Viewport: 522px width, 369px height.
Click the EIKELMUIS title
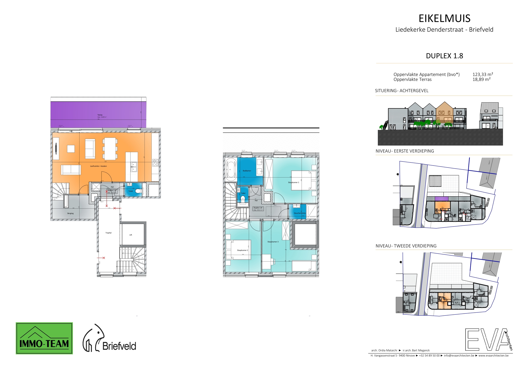[444, 18]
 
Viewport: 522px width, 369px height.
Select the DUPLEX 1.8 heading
[444, 56]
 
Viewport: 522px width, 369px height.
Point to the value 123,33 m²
[483, 74]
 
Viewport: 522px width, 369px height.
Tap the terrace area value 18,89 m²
[481, 79]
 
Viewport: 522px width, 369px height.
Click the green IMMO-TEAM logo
[44, 338]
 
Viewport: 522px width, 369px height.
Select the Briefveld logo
[109, 339]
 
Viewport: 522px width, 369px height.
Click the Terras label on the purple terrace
[100, 115]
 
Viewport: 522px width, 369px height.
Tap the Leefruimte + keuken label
[98, 166]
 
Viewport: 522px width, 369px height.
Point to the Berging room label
[70, 213]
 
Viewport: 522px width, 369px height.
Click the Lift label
[130, 235]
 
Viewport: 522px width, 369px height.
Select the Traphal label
[108, 233]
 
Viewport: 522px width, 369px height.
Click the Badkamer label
[247, 171]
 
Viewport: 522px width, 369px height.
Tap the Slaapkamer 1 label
[293, 182]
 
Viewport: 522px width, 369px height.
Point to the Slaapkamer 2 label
[242, 250]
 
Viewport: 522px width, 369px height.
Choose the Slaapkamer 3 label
[273, 242]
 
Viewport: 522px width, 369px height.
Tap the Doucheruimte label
[300, 213]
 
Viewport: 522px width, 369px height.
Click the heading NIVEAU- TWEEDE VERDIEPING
[406, 246]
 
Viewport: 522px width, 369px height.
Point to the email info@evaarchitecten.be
[459, 355]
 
